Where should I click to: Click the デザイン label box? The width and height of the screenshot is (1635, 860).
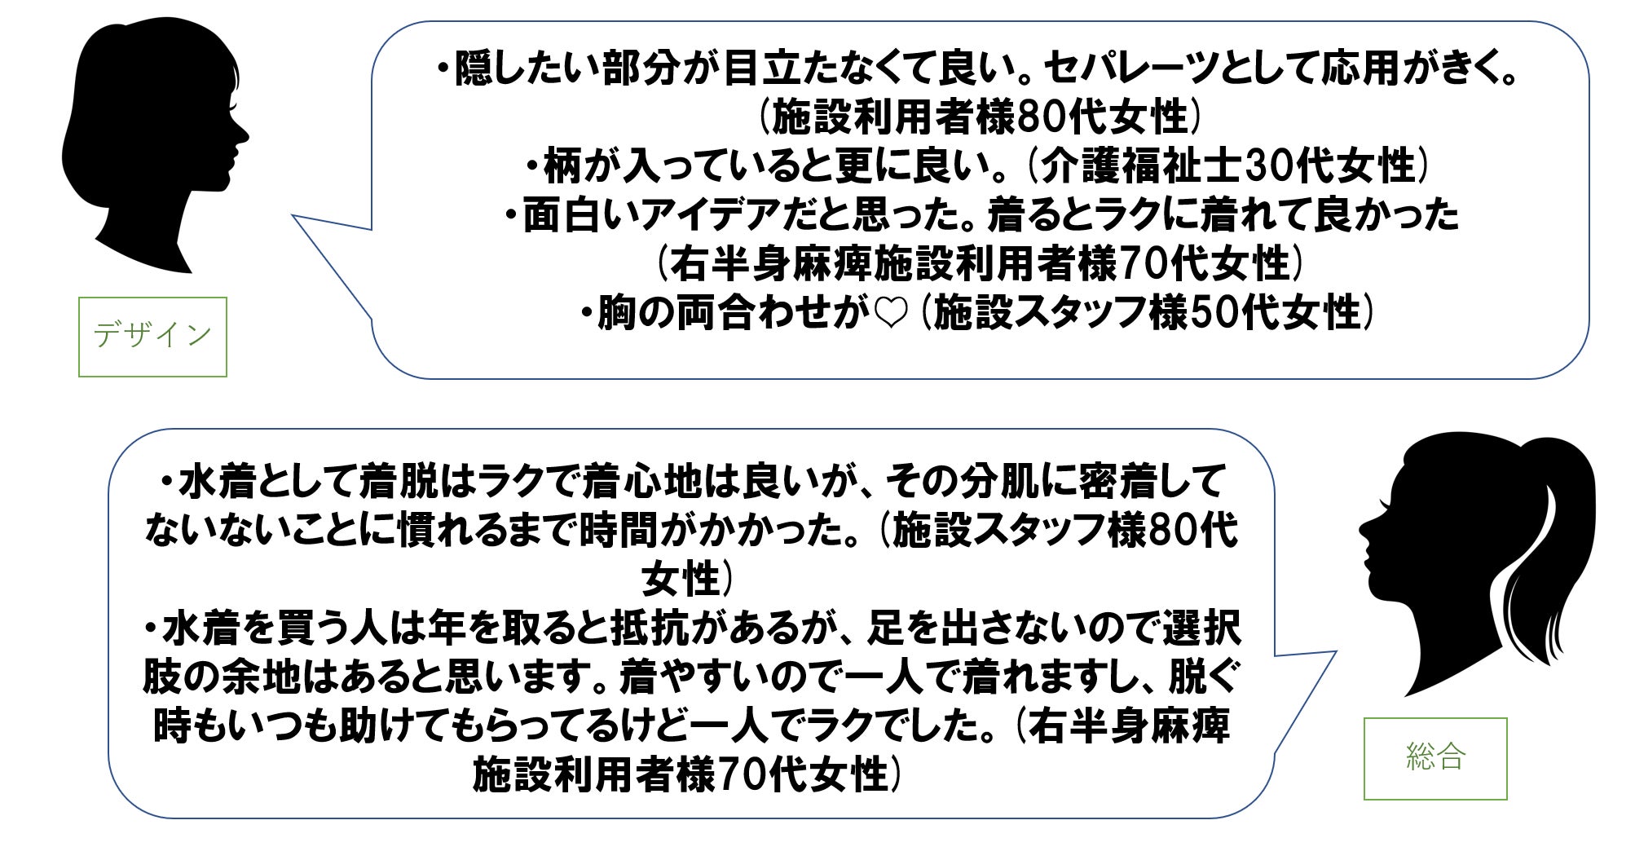(152, 336)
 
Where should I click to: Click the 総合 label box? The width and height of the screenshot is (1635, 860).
(1434, 757)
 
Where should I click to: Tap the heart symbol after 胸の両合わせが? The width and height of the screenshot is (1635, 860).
(889, 315)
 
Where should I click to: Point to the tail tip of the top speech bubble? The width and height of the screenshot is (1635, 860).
(294, 217)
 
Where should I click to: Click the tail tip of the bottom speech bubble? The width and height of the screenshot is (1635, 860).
(1336, 652)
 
